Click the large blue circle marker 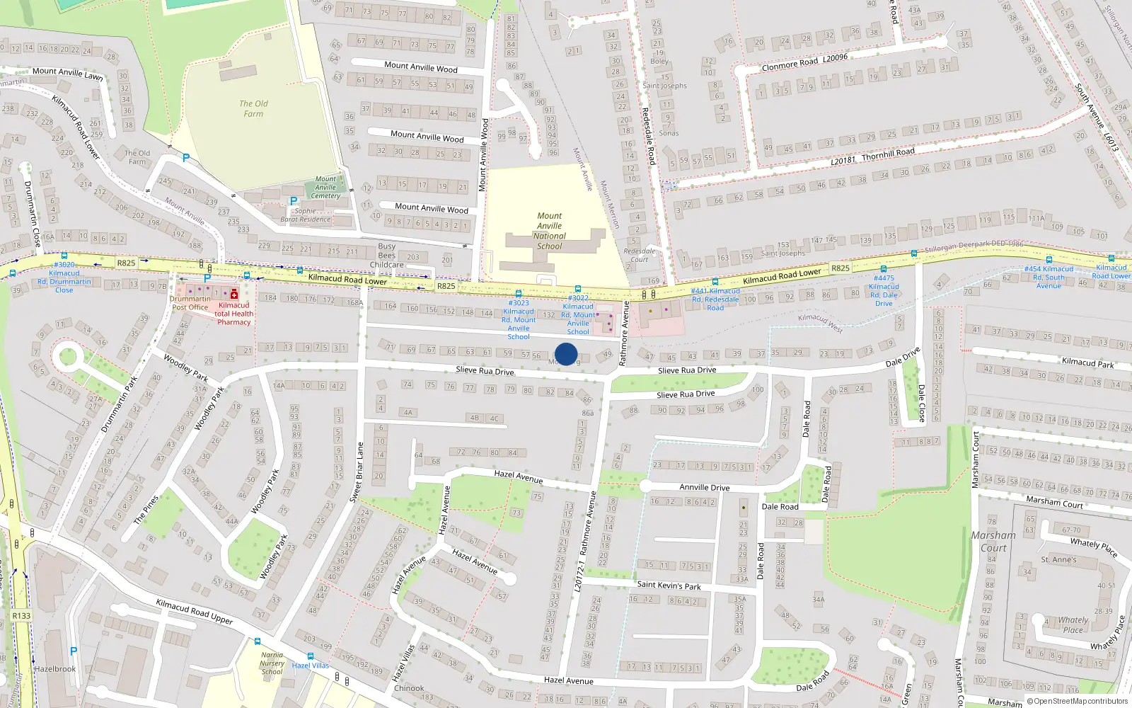tap(566, 354)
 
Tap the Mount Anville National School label tap(550, 231)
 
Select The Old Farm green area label tap(253, 108)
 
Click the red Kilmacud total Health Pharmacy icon tap(234, 294)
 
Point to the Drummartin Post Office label tap(190, 303)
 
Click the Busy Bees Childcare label tap(387, 256)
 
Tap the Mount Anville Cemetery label tap(325, 188)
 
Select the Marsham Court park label tap(993, 542)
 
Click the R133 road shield tap(21, 615)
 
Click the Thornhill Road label tap(888, 154)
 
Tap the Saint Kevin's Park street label tap(669, 586)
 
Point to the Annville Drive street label tap(704, 487)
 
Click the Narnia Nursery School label tap(272, 663)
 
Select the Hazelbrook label tap(55, 669)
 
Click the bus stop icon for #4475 tap(883, 269)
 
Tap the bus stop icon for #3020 tap(64, 256)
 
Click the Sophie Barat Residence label tap(305, 215)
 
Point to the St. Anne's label tap(1058, 559)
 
